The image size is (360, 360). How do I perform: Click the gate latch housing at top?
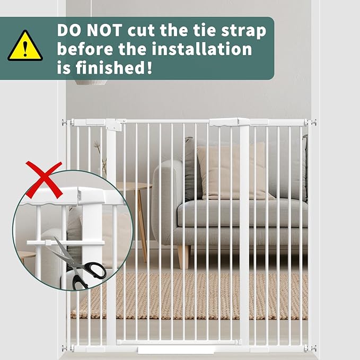229,122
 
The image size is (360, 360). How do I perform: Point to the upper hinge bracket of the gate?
115,125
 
